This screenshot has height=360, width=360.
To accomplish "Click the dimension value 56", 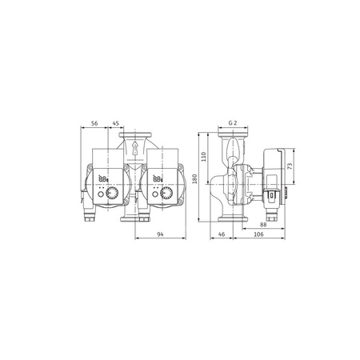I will pyautogui.click(x=94, y=125).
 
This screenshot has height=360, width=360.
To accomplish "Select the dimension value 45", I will pyautogui.click(x=117, y=125).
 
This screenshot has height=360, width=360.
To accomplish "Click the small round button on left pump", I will pyautogui.click(x=101, y=194).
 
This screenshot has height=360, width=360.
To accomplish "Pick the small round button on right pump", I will pyautogui.click(x=155, y=194).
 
